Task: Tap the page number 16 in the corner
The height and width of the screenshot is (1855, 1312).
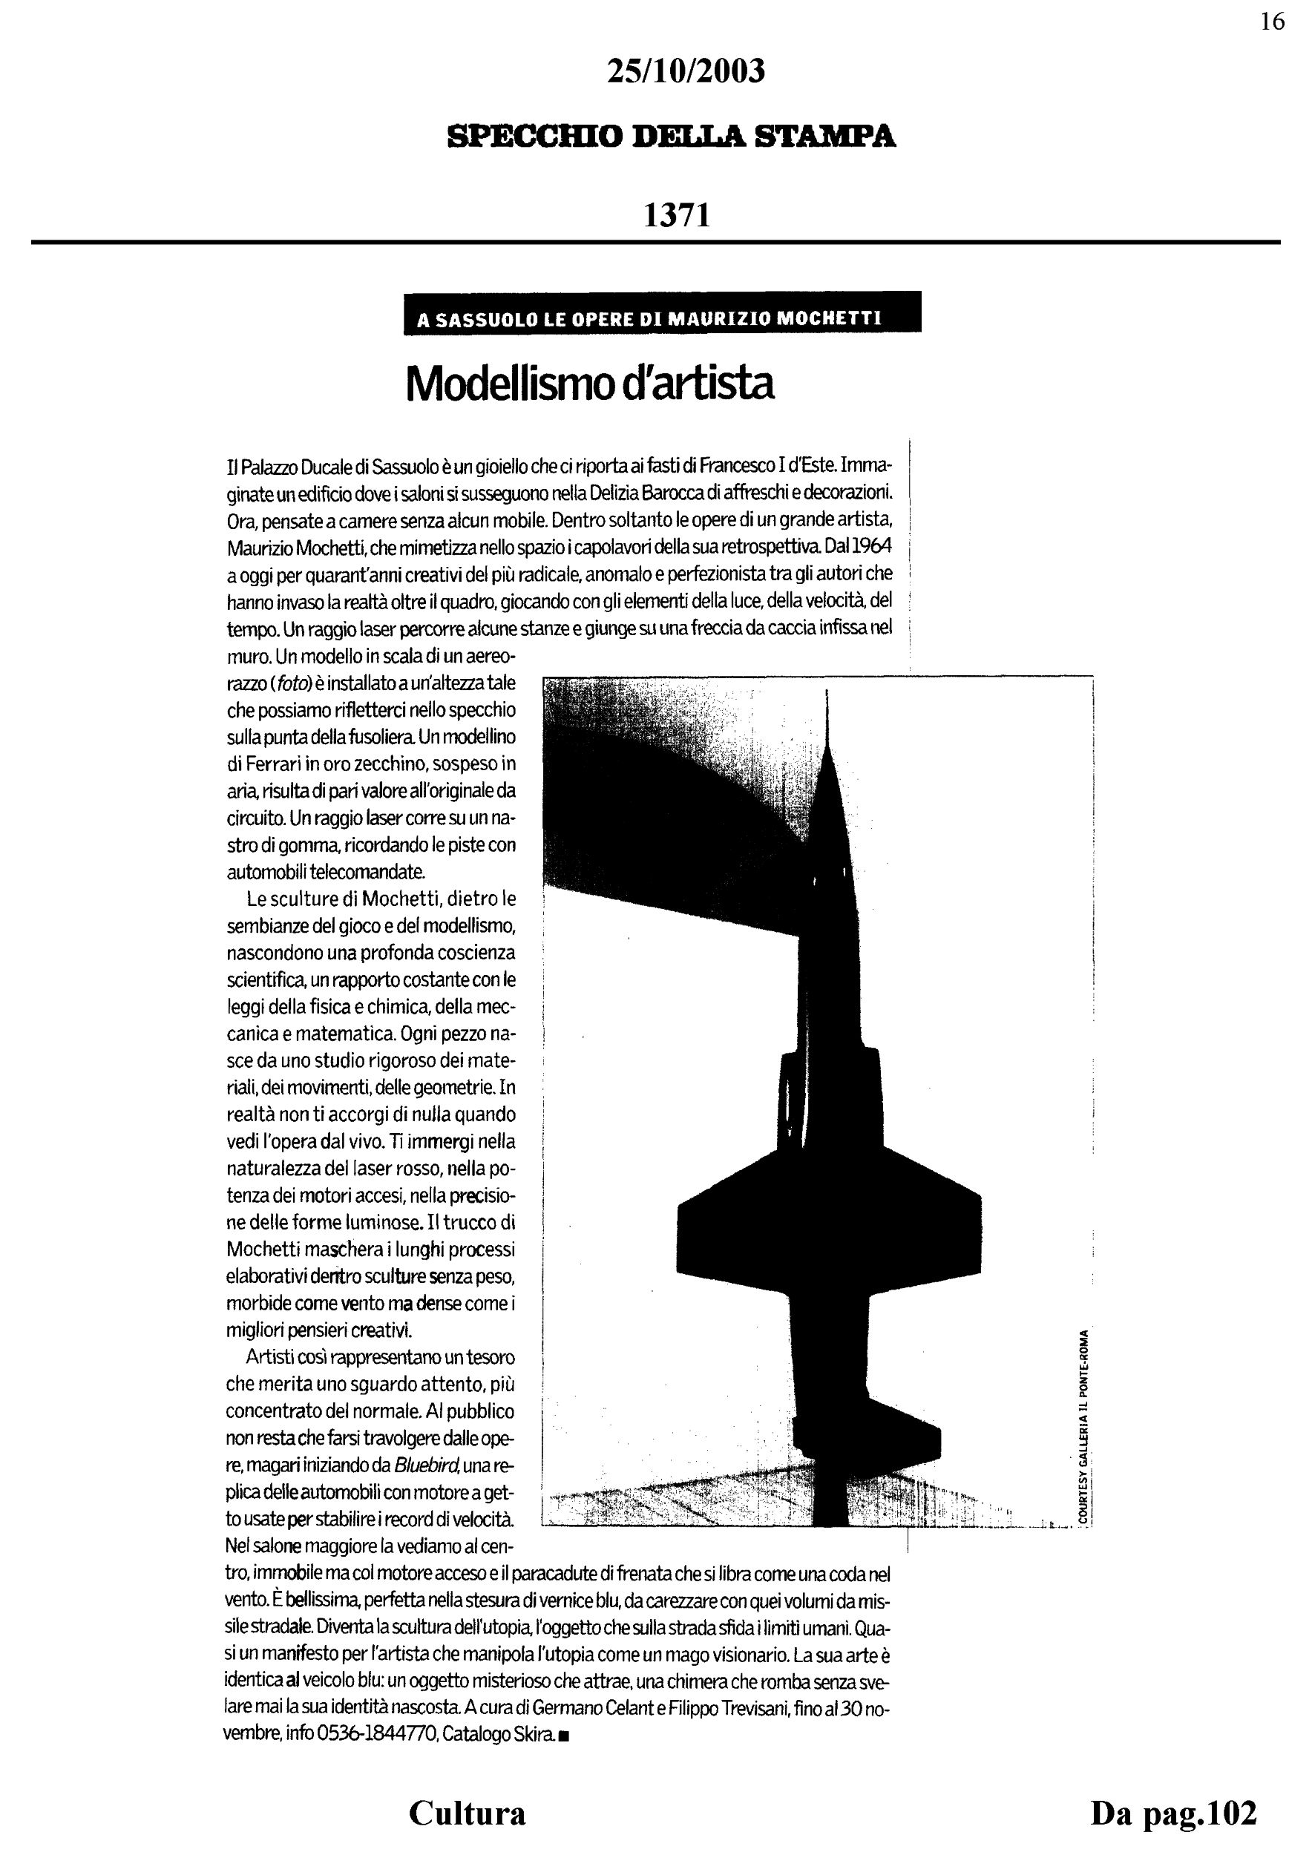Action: tap(1272, 22)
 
